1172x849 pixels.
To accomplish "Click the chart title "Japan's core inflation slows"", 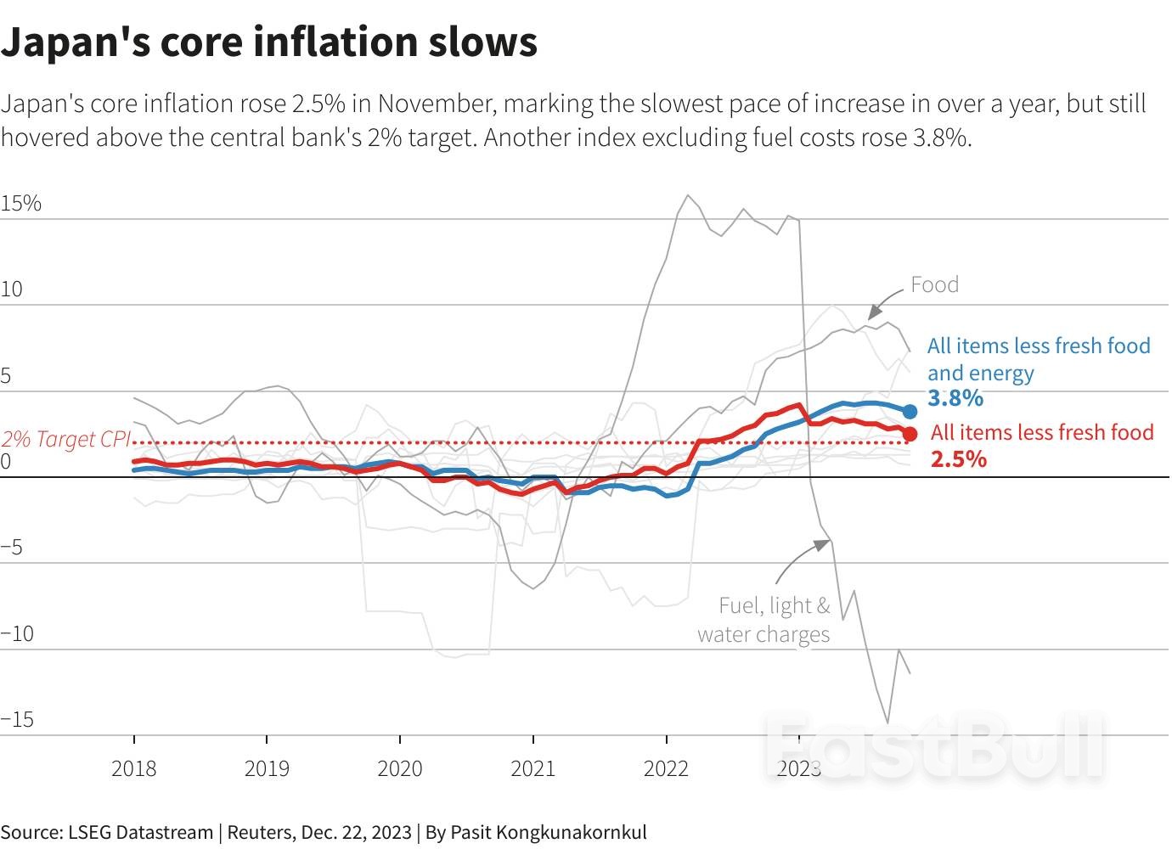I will pos(268,42).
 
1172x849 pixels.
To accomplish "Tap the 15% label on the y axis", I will pos(21,204).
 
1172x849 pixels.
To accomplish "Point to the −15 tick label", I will pos(18,720).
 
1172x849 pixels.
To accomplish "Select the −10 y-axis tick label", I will pos(18,633).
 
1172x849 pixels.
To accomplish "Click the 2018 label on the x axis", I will pos(133,769).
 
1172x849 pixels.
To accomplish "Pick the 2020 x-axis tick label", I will pos(399,769).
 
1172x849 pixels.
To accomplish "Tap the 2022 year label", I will pos(666,769).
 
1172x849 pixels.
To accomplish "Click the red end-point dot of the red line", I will pos(910,434).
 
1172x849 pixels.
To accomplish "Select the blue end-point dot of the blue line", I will pos(910,412).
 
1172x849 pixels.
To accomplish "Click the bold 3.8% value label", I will pos(955,398).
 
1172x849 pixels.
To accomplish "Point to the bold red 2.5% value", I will pos(959,459).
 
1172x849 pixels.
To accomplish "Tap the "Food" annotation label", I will pos(934,284).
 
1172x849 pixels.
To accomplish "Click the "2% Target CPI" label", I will pos(66,439).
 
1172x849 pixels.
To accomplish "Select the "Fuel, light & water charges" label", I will pos(764,620).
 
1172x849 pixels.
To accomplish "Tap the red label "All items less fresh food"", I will pos(1042,432).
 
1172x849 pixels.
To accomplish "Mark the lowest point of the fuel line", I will pos(887,722).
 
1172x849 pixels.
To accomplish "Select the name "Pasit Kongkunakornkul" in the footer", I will pos(549,832).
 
